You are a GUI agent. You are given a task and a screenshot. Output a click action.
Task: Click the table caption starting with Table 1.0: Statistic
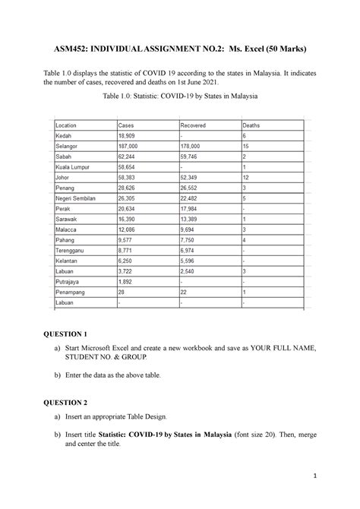(179, 97)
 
